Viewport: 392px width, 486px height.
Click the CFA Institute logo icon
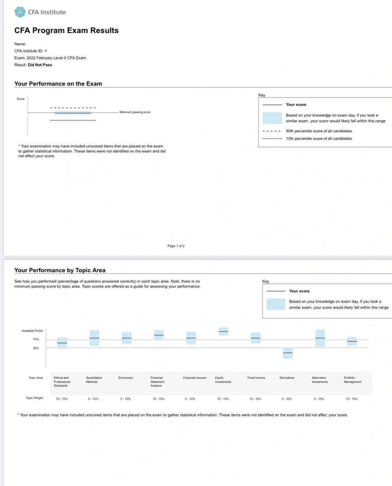(19, 12)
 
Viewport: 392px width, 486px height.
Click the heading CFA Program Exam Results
(67, 30)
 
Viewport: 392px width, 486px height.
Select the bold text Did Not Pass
(40, 65)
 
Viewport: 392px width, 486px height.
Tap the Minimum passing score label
(135, 112)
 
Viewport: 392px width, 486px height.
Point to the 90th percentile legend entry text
(319, 131)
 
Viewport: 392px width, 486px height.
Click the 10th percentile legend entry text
(319, 139)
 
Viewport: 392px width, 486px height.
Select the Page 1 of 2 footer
(176, 246)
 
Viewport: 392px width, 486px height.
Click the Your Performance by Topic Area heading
(60, 270)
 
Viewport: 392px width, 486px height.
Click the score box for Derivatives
(288, 353)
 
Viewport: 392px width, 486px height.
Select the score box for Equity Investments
(223, 332)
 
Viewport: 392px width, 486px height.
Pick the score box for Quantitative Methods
(94, 338)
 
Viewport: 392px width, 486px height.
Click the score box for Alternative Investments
(320, 338)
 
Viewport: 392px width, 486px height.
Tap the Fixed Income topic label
(256, 378)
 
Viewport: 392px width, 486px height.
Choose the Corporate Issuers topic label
(194, 378)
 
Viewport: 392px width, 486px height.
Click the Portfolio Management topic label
(352, 380)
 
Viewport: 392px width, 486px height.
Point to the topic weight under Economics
(125, 399)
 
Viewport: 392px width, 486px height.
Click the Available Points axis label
(32, 331)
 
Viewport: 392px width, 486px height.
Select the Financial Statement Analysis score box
(159, 335)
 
